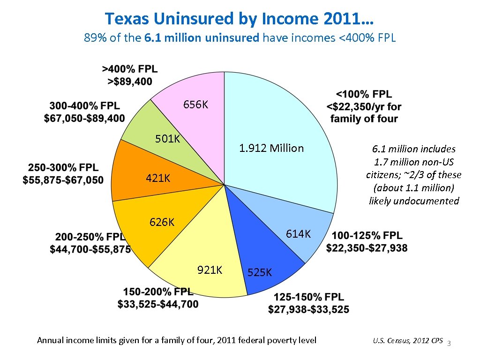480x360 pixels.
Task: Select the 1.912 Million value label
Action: tap(271, 149)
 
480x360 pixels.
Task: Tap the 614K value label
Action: tap(298, 234)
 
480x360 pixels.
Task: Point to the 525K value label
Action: tap(259, 272)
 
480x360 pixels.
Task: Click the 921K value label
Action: tap(210, 270)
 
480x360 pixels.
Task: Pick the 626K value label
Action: tap(162, 222)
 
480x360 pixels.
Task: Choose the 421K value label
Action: tap(157, 179)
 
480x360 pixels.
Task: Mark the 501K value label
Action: tap(168, 139)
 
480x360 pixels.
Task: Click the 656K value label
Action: tap(195, 105)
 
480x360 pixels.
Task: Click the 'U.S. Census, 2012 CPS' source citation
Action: tap(408, 341)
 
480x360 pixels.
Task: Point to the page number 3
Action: tap(449, 344)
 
